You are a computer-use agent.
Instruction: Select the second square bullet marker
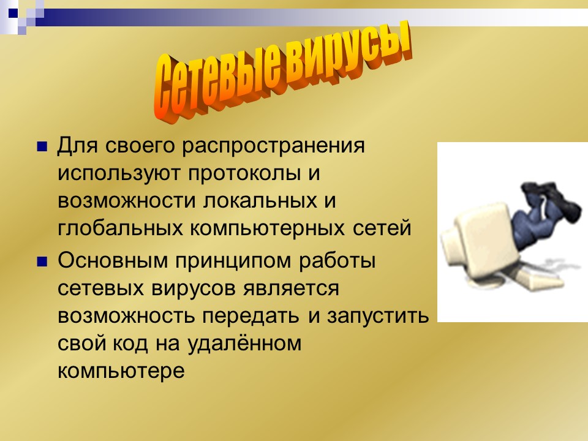(43, 261)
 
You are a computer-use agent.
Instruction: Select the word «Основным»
(115, 260)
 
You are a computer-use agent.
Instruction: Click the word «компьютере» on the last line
(121, 371)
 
